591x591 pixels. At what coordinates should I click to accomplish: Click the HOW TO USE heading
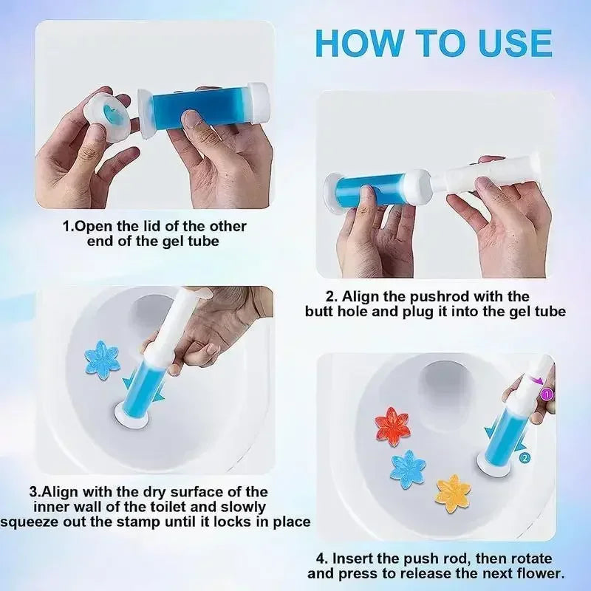(x=433, y=43)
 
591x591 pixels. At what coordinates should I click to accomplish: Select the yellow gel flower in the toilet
(x=452, y=493)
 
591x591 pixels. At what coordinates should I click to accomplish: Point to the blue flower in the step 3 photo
(x=102, y=360)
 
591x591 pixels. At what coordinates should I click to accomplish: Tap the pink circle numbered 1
(x=547, y=394)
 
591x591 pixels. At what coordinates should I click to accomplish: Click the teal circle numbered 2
(x=524, y=457)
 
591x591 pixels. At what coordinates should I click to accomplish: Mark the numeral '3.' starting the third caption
(x=35, y=491)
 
